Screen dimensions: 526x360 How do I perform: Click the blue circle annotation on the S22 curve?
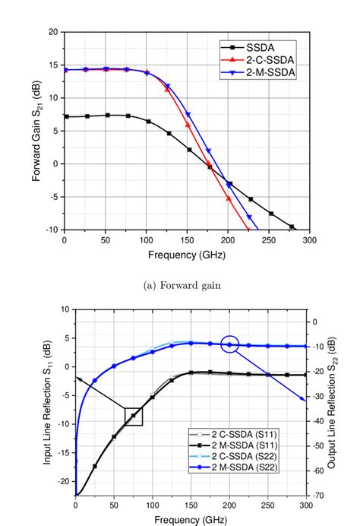(230, 344)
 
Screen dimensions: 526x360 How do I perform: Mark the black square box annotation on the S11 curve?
(133, 415)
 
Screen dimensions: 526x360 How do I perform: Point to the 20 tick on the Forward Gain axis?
(52, 32)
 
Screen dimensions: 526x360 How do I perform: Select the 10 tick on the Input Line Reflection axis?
(64, 309)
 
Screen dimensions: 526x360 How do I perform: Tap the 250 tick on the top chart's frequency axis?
(269, 240)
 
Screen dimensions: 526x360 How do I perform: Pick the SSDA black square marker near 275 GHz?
(291, 227)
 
